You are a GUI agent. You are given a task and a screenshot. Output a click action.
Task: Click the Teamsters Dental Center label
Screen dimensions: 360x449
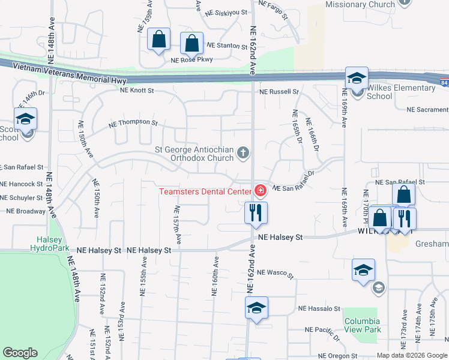click(205, 192)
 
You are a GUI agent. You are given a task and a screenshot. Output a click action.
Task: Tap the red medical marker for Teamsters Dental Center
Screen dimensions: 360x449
click(260, 191)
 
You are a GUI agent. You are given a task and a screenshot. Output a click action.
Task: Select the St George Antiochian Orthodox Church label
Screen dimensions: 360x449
click(194, 154)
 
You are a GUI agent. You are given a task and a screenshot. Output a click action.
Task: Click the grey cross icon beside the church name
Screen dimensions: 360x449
click(243, 153)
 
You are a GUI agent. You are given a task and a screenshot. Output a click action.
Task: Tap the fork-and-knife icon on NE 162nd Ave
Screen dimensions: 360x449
click(256, 212)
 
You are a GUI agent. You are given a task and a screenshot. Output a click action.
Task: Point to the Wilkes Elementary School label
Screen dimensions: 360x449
click(400, 92)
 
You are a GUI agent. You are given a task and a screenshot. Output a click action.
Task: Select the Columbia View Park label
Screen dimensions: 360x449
click(363, 325)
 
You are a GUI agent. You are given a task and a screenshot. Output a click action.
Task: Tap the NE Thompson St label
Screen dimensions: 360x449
click(133, 124)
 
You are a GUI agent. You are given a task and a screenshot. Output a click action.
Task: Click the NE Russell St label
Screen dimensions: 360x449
click(279, 92)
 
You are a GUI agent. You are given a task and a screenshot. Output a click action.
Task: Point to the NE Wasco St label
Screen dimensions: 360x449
click(275, 274)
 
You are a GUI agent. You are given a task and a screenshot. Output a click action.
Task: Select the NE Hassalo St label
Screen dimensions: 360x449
click(319, 309)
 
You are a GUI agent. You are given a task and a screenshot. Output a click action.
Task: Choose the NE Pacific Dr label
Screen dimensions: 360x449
click(322, 331)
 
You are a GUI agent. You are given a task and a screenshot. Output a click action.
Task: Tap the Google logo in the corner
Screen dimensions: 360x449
click(20, 353)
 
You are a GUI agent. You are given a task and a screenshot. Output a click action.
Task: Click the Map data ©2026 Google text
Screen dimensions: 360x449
click(411, 355)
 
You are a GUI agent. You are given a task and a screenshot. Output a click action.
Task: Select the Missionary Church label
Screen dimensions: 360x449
click(360, 5)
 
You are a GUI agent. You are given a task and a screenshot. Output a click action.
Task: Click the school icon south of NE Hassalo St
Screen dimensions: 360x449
click(256, 309)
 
